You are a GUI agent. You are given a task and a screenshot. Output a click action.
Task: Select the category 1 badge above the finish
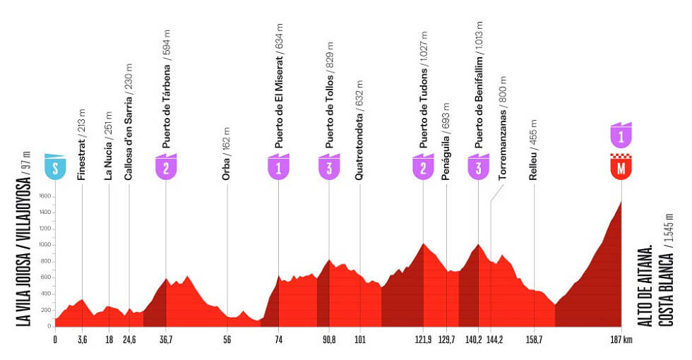[x=621, y=135]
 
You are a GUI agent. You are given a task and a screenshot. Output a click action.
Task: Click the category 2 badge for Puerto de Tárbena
[x=166, y=167]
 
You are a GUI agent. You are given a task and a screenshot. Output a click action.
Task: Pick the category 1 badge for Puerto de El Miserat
[x=278, y=167]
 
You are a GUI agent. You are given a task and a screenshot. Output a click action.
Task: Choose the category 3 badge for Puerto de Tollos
[x=329, y=167]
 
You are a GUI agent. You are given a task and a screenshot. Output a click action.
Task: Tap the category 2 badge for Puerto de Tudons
[x=423, y=167]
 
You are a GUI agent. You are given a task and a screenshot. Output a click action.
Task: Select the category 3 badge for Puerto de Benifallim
[x=478, y=167]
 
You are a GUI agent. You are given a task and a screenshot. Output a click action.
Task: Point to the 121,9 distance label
[x=423, y=340]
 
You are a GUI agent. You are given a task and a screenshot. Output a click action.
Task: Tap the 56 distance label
[x=227, y=340]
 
